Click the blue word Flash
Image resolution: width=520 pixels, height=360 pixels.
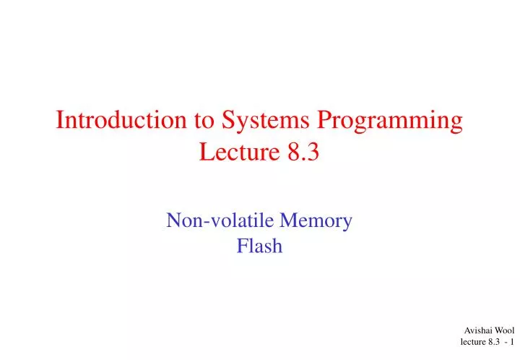(259, 247)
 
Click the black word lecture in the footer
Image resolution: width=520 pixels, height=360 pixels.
(474, 342)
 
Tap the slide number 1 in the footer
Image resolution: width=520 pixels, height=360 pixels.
(512, 342)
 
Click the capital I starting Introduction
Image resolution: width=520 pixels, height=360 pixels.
(60, 121)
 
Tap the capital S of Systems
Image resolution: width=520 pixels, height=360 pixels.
(221, 121)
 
